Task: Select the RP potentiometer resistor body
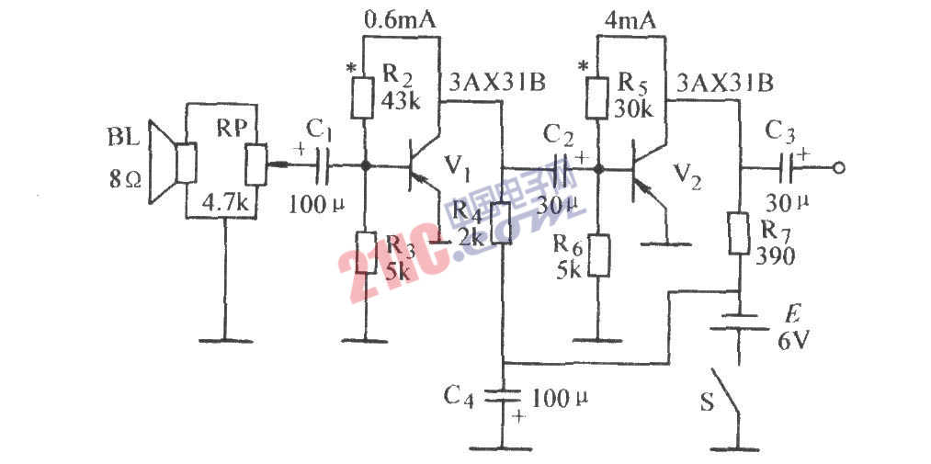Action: [x=255, y=164]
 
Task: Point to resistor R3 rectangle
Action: [x=365, y=251]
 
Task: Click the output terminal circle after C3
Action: [x=837, y=168]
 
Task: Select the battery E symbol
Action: [x=741, y=328]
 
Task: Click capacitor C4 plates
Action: [x=502, y=397]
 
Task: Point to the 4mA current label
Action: [x=630, y=17]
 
